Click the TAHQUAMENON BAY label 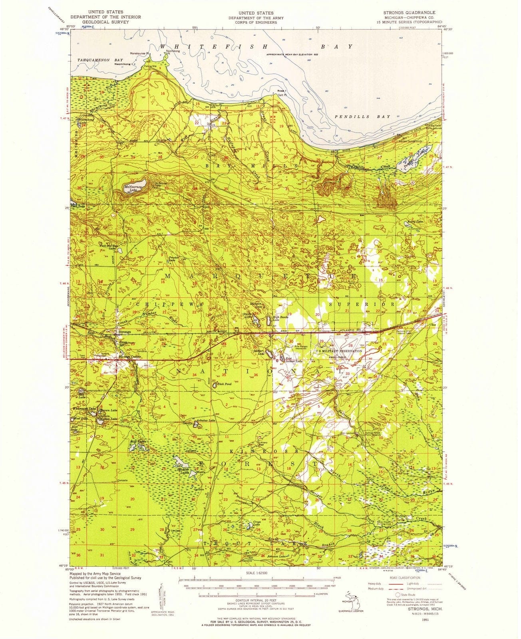(x=95, y=59)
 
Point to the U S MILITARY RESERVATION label (x=339, y=351)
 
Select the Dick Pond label (x=224, y=384)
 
